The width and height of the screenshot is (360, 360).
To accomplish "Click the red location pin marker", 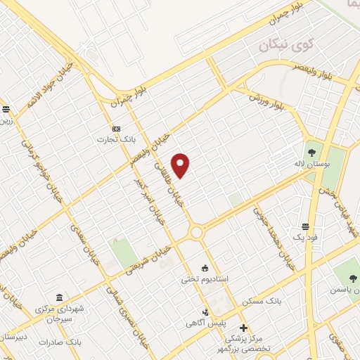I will pyautogui.click(x=181, y=165).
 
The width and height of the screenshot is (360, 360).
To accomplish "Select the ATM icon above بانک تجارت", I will pyautogui.click(x=116, y=129).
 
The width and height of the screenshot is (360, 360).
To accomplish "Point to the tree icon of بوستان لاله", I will pyautogui.click(x=311, y=149).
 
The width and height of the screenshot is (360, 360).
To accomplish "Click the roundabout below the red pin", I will pyautogui.click(x=196, y=231).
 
